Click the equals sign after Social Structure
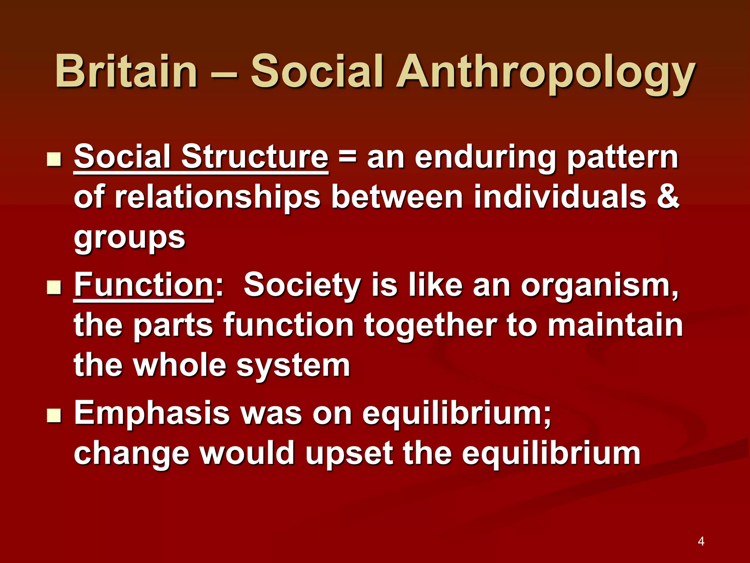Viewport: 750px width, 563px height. (347, 158)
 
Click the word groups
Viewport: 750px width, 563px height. (130, 238)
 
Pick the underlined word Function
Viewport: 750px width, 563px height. (144, 285)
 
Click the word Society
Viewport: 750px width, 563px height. (302, 285)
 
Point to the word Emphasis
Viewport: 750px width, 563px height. (152, 413)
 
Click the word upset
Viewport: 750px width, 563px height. (349, 454)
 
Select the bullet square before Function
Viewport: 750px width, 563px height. (54, 288)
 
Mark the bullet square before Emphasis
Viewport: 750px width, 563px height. (54, 416)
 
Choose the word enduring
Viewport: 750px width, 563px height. (486, 158)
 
